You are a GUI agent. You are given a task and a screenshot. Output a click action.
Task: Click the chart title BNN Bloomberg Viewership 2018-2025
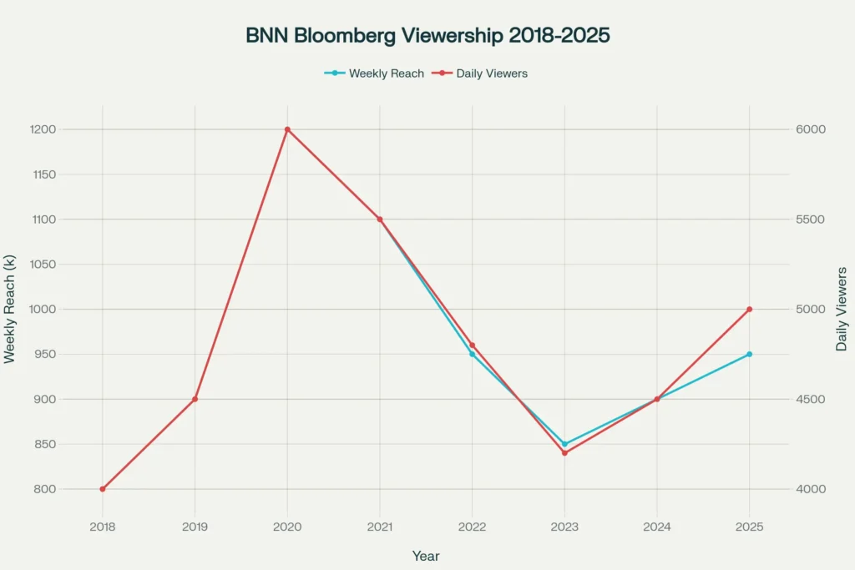(x=427, y=36)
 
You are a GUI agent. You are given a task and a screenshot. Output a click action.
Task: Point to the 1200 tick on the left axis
(x=41, y=129)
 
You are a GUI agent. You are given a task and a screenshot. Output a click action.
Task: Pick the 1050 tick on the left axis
(x=41, y=265)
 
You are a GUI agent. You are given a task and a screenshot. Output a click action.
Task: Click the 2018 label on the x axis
(x=103, y=527)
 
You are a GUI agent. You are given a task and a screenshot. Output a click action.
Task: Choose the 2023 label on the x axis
(x=564, y=527)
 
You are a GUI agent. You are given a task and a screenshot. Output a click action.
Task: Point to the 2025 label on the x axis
(x=749, y=527)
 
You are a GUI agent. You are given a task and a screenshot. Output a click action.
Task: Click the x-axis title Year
(x=426, y=556)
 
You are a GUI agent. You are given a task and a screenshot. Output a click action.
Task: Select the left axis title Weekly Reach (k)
(x=10, y=310)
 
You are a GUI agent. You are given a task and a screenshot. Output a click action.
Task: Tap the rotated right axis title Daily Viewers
(x=842, y=309)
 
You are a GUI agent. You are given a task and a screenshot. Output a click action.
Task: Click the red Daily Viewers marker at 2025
(x=749, y=310)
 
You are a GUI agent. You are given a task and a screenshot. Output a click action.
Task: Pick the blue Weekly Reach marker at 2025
(x=749, y=355)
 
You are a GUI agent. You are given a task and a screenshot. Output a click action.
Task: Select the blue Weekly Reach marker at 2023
(x=564, y=444)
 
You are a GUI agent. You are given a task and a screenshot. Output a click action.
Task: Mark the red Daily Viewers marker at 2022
(x=472, y=346)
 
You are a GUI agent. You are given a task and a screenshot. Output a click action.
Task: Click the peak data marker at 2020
(x=287, y=129)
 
